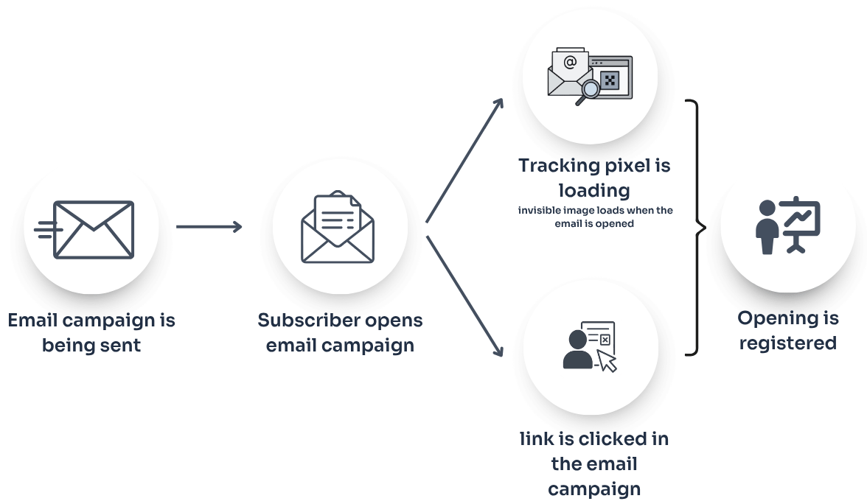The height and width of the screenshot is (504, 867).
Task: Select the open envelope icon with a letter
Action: (x=338, y=228)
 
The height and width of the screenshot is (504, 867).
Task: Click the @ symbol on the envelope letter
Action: (x=569, y=62)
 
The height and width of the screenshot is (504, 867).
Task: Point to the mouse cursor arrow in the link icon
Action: (x=607, y=360)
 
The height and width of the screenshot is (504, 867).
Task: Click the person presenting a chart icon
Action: (x=788, y=225)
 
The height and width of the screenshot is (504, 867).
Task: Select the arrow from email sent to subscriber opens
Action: (x=209, y=227)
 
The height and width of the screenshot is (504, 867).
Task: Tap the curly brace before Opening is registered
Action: (x=695, y=228)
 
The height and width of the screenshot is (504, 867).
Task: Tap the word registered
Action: (x=787, y=343)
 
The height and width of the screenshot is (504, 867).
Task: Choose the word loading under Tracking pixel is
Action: (x=594, y=190)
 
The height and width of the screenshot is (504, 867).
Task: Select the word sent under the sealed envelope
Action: (x=122, y=345)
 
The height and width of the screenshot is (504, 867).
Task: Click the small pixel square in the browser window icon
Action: (x=609, y=80)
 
